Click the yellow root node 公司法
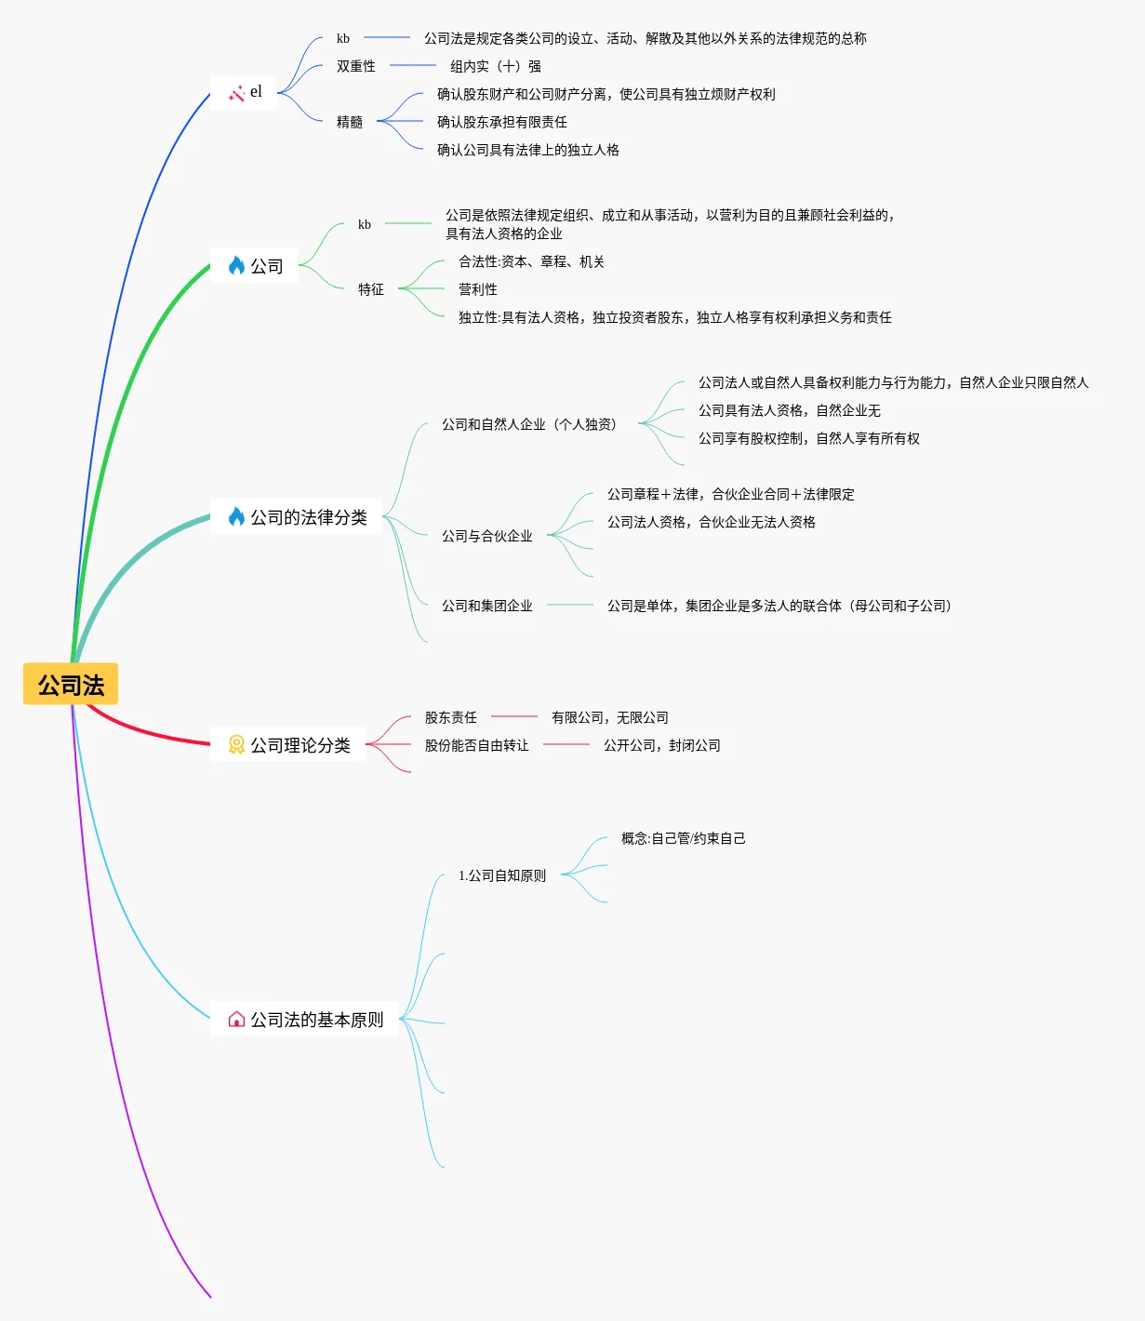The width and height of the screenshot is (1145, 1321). [71, 685]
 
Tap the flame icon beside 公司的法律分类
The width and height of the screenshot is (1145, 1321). [236, 517]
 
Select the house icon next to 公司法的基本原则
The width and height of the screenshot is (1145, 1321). [236, 1020]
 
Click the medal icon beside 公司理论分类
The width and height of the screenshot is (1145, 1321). [236, 744]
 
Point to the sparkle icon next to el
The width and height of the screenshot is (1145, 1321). [236, 93]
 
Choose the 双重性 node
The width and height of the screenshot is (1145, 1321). [356, 66]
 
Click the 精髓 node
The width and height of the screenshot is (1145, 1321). [350, 122]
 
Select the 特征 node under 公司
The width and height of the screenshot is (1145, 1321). [371, 289]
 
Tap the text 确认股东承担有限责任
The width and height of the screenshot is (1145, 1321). [502, 122]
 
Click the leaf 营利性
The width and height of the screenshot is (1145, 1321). [478, 289]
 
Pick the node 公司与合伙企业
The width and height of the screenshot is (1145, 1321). [487, 536]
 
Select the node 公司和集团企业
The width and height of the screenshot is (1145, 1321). [487, 606]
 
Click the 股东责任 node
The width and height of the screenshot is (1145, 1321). [451, 717]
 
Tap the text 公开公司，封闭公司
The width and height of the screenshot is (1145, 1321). [662, 745]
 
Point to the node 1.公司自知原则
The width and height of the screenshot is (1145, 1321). [502, 875]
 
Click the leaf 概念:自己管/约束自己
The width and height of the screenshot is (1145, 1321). [684, 838]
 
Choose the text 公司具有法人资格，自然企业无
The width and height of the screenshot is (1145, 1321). [790, 410]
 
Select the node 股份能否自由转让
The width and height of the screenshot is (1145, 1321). [477, 745]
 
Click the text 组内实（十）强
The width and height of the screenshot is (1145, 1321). [496, 66]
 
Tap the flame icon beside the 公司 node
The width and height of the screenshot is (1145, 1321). [236, 266]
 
